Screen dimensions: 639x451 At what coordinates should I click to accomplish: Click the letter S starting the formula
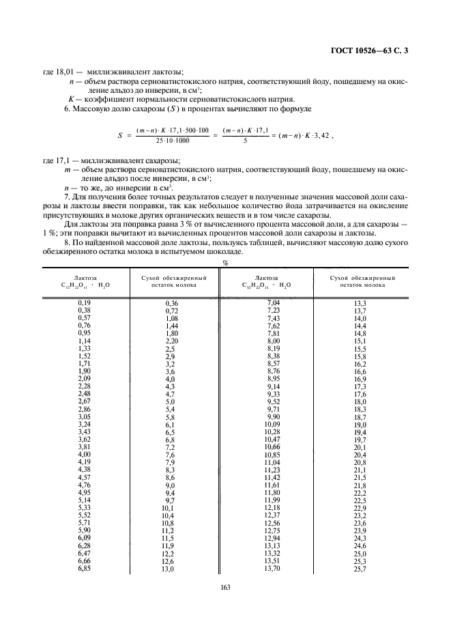pos(119,136)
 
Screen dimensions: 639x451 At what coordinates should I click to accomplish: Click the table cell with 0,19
pos(85,302)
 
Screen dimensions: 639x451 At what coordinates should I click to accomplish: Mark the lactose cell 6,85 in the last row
pos(85,569)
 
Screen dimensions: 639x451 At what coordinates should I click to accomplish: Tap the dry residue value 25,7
pos(360,569)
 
